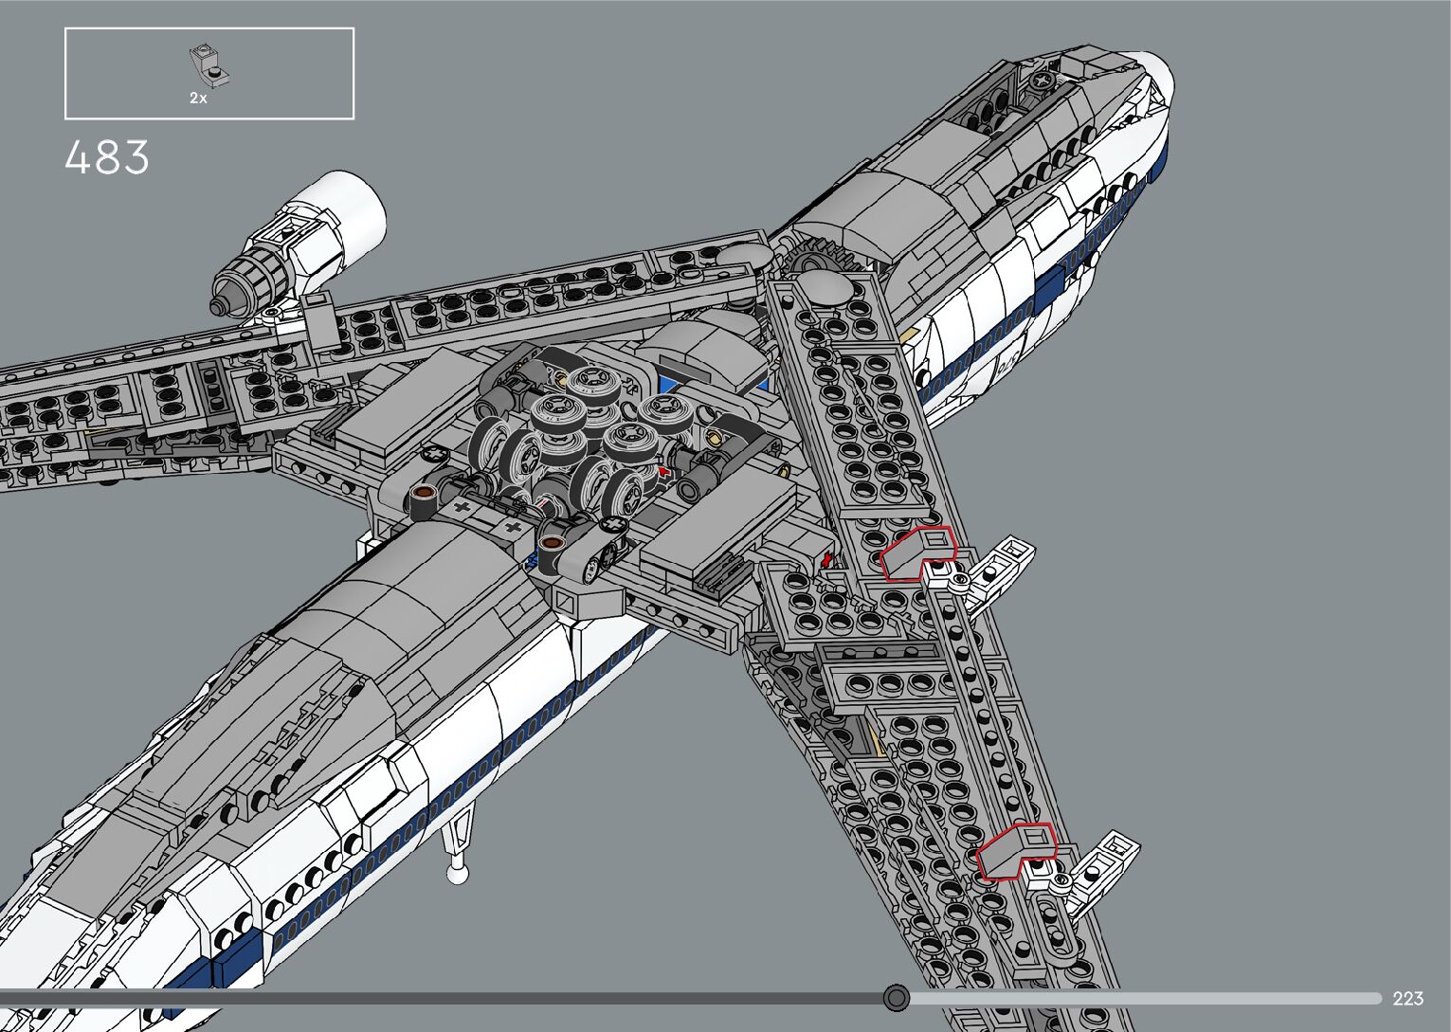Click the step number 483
[x=107, y=157]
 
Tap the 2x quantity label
[x=198, y=98]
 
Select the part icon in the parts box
[x=209, y=64]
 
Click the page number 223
[x=1407, y=998]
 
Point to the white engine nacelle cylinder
[x=341, y=218]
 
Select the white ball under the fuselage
[x=458, y=874]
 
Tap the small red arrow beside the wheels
[x=664, y=469]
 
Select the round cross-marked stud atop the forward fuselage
[x=1043, y=81]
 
